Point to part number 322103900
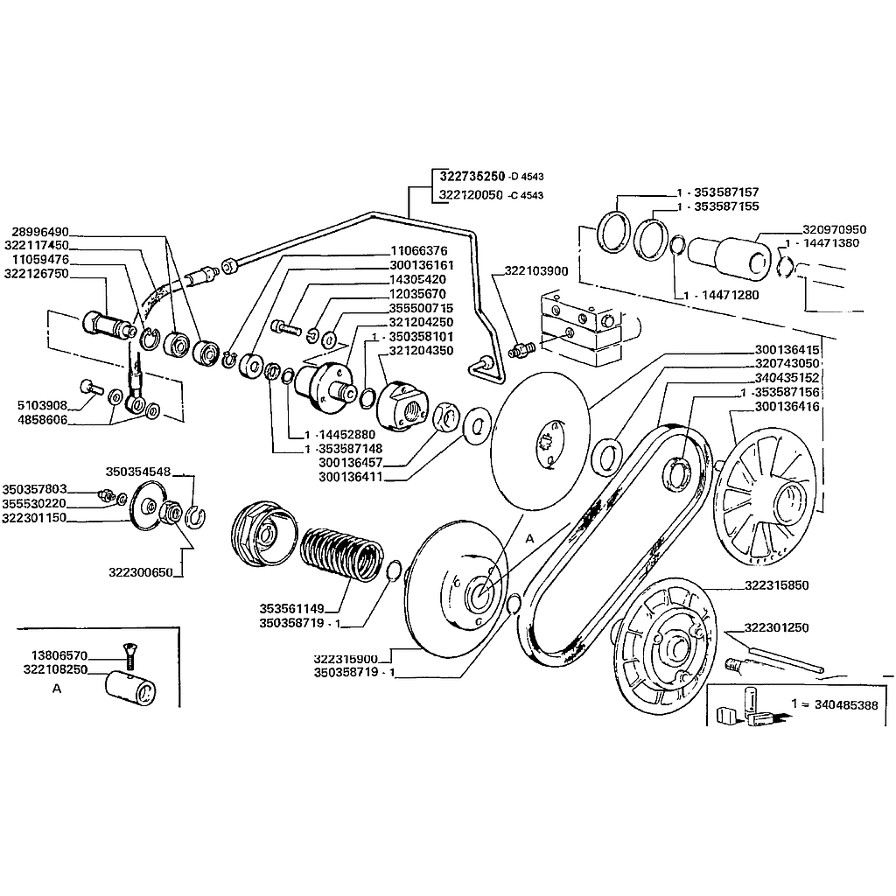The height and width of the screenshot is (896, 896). (x=536, y=271)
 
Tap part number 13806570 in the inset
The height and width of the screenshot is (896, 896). (x=59, y=654)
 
